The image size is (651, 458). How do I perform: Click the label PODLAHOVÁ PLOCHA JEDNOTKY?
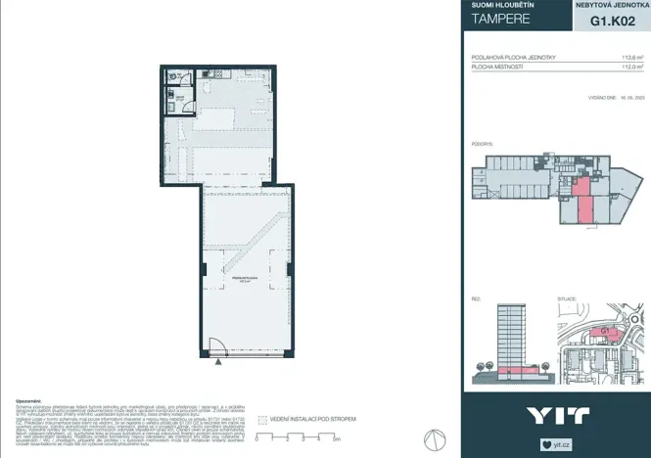(513, 57)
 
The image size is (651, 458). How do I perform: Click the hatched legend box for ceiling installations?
(261, 419)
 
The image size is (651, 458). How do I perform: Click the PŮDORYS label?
(481, 143)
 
